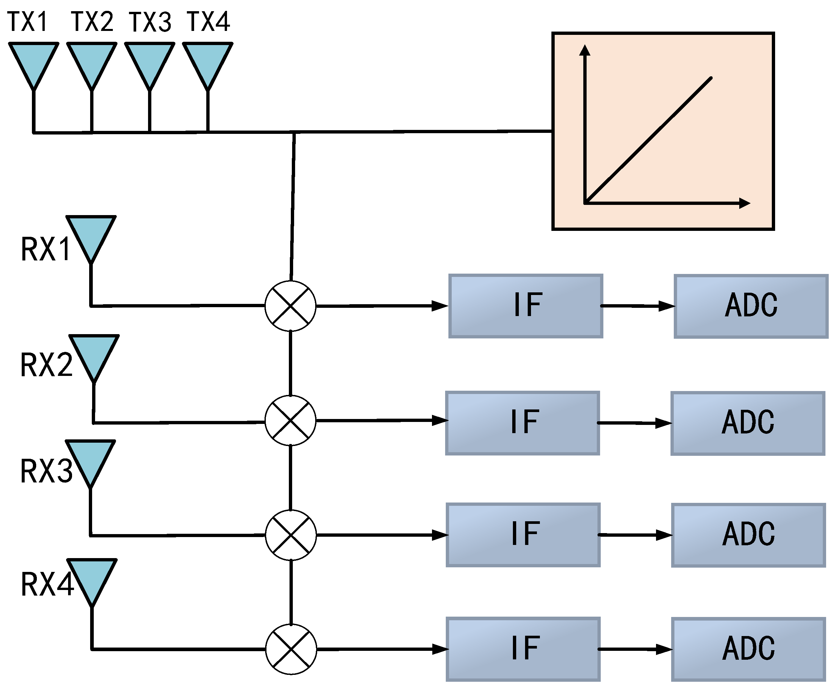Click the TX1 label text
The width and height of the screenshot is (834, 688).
(x=28, y=21)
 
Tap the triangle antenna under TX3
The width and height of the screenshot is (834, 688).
(x=149, y=61)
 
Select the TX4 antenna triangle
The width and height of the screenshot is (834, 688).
(x=207, y=61)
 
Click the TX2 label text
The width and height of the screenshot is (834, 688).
(x=92, y=21)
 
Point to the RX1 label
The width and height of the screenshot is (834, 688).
(x=46, y=249)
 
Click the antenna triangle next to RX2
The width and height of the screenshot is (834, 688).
(x=94, y=354)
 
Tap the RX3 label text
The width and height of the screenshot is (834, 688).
(x=46, y=471)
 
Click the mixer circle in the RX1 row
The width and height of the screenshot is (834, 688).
(x=290, y=306)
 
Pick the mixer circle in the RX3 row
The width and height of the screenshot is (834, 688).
(x=291, y=535)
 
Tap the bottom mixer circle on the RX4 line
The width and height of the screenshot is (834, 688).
(x=291, y=649)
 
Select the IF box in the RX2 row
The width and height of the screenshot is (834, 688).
(x=522, y=423)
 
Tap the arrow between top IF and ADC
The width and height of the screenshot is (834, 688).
(x=637, y=306)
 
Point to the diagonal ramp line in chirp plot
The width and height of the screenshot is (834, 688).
(x=648, y=140)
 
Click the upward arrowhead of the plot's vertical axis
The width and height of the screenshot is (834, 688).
(x=585, y=50)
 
